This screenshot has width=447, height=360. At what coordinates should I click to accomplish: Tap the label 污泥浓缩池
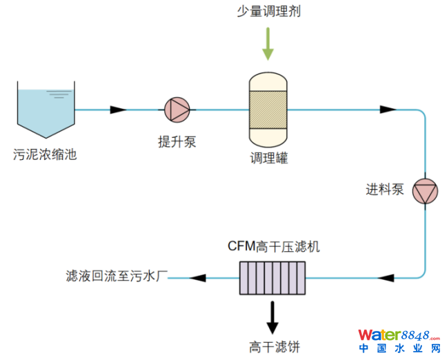coord(45,154)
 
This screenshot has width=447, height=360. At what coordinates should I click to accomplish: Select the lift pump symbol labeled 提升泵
coord(177,109)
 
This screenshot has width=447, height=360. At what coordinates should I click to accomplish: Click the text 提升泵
coord(177,142)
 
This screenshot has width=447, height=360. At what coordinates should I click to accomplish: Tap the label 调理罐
coord(268,159)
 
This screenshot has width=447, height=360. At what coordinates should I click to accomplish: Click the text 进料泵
coord(385,189)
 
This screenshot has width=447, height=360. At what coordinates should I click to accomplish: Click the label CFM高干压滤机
coord(273,246)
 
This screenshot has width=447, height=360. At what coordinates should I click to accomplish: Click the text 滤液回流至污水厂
coord(113,277)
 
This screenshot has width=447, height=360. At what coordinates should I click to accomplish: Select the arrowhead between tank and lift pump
coord(118,109)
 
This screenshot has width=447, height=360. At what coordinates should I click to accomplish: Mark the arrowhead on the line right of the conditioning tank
coord(387,109)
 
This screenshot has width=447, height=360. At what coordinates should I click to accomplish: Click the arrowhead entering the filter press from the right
coord(387,278)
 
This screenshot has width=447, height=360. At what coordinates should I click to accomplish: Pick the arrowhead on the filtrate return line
coord(199,278)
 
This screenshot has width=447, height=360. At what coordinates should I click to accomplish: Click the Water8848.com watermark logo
coord(399,339)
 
